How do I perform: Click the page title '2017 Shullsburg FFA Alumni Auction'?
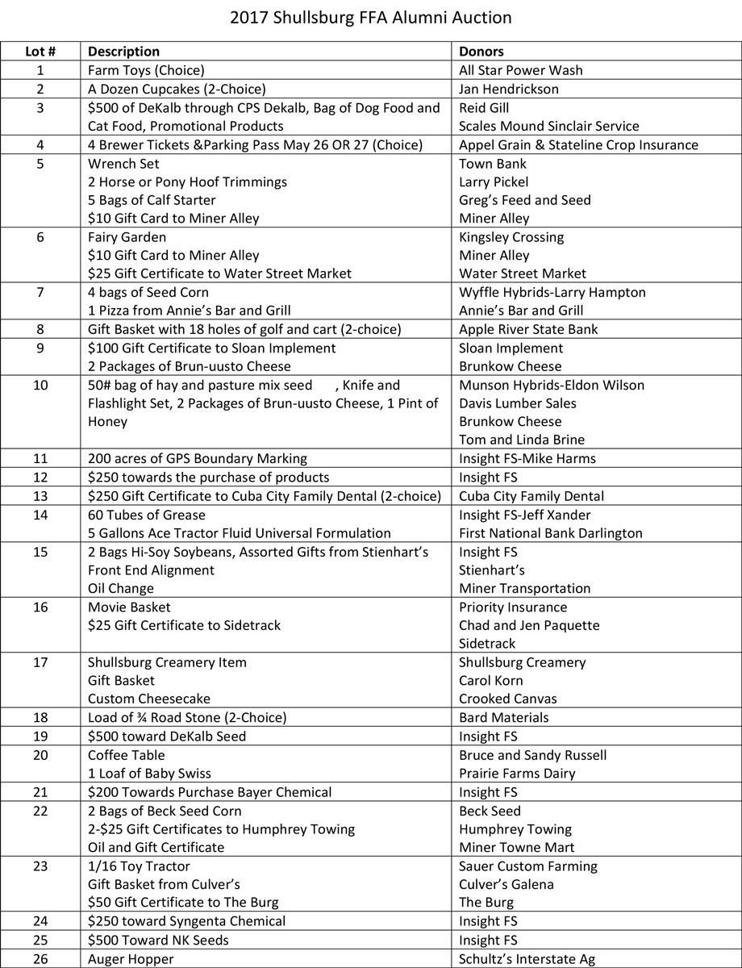tap(370, 17)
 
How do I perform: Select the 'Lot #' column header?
tap(40, 52)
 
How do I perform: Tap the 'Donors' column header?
tap(481, 52)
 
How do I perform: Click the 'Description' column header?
tap(123, 52)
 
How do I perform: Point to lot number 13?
tap(40, 496)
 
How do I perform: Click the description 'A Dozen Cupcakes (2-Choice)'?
tap(177, 89)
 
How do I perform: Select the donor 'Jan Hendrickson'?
tap(509, 89)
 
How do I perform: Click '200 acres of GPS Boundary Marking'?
tap(198, 459)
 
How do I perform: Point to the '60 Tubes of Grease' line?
tap(147, 515)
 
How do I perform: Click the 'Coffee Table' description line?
tap(127, 755)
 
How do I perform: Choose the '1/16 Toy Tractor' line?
tap(139, 866)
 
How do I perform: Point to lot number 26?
tap(40, 959)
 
